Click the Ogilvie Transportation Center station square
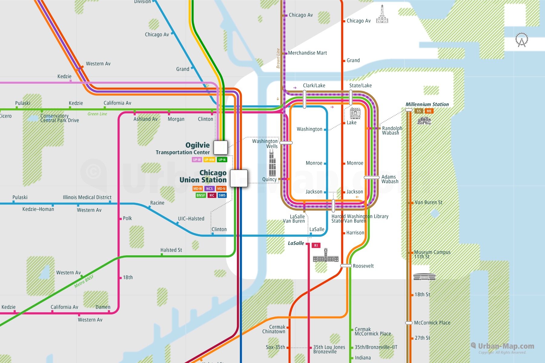click(x=220, y=148)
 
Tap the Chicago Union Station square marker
click(x=239, y=178)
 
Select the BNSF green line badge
click(x=201, y=195)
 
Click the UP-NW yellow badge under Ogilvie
click(x=209, y=160)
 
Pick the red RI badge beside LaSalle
click(x=316, y=245)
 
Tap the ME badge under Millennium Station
click(x=429, y=111)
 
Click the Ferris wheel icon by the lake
click(x=522, y=40)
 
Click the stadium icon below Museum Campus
click(x=424, y=276)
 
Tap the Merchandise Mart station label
click(x=307, y=53)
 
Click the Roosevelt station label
click(x=363, y=266)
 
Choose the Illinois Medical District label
click(x=87, y=197)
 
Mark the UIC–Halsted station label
click(x=191, y=219)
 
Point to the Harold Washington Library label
click(x=360, y=216)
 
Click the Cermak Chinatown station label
click(x=274, y=329)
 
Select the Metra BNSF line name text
click(x=84, y=281)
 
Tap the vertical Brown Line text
click(x=278, y=58)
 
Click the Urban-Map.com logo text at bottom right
click(x=506, y=346)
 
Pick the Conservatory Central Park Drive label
click(x=59, y=118)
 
